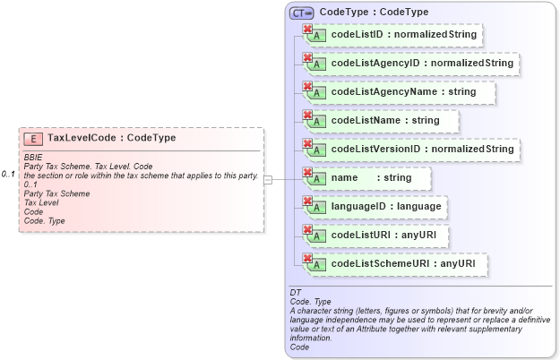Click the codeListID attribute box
[394, 35]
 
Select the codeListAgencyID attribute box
[412, 64]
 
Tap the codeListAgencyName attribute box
[400, 92]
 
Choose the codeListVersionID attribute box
[412, 149]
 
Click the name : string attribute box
[368, 178]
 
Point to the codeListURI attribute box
[377, 236]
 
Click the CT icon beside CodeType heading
[301, 13]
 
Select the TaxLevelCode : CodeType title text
[111, 139]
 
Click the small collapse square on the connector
[267, 179]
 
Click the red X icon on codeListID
[308, 30]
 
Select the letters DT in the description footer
[296, 293]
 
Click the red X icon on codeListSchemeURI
[308, 259]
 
